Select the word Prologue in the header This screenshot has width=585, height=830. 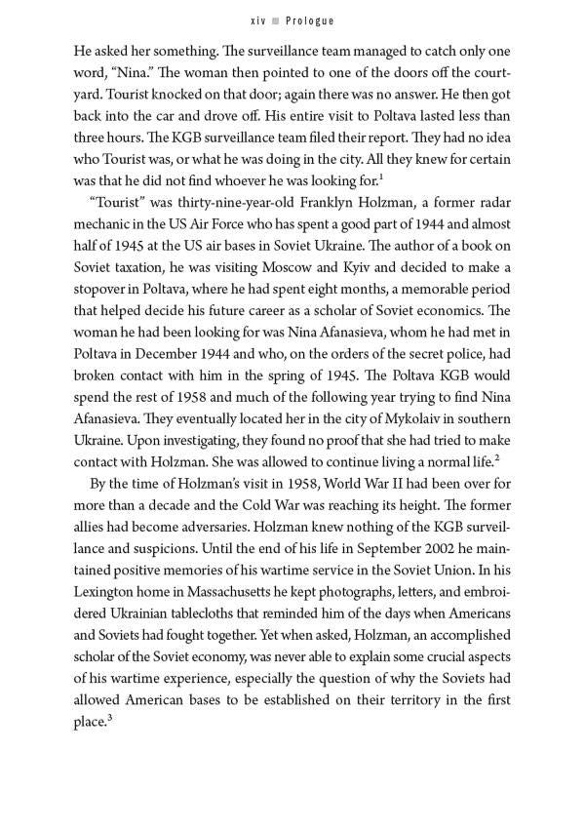(x=306, y=20)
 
